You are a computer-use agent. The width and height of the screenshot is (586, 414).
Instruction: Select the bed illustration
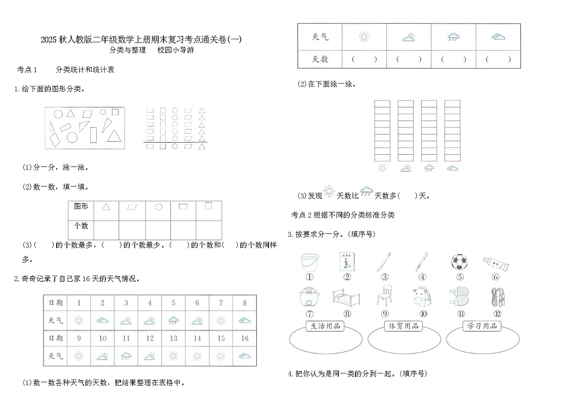[x=347, y=297]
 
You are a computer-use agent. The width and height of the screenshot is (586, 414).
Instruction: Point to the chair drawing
[x=384, y=296]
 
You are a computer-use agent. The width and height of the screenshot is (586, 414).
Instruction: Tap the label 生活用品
[x=323, y=326]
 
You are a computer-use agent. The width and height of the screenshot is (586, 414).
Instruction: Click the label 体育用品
[x=403, y=326]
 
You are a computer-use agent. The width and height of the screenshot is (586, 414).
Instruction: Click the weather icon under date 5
[x=173, y=320]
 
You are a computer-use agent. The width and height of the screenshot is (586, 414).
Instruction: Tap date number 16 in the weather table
[x=245, y=338]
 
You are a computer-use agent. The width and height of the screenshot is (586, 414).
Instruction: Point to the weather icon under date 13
[x=173, y=355]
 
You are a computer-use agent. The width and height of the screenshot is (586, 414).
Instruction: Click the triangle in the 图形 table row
[x=106, y=207]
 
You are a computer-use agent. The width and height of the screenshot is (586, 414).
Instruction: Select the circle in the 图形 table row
[x=158, y=207]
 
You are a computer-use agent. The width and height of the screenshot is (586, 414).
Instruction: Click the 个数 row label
[x=81, y=226]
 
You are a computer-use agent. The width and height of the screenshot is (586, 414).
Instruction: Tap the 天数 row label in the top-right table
[x=320, y=59]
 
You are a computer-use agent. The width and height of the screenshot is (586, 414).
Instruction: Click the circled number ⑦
[x=309, y=314]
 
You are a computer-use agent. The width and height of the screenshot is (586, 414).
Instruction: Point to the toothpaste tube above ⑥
[x=496, y=264]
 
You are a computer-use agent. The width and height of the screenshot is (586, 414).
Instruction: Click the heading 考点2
[x=301, y=215]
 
